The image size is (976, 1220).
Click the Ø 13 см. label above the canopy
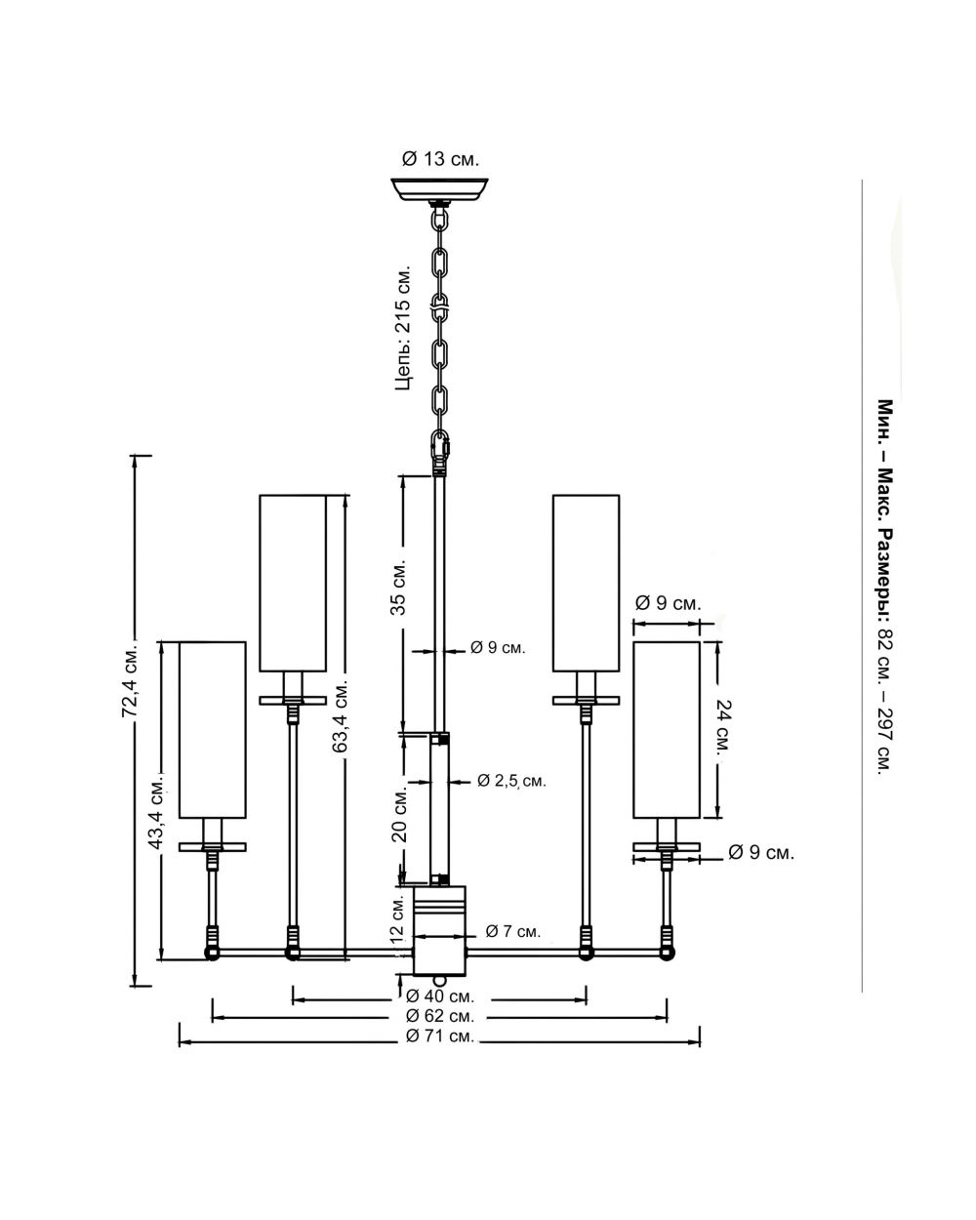(x=440, y=159)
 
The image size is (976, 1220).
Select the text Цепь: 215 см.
(x=402, y=327)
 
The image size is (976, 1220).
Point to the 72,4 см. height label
(x=130, y=678)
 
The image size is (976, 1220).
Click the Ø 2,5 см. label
(x=511, y=781)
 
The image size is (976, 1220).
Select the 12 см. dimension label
(x=397, y=918)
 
